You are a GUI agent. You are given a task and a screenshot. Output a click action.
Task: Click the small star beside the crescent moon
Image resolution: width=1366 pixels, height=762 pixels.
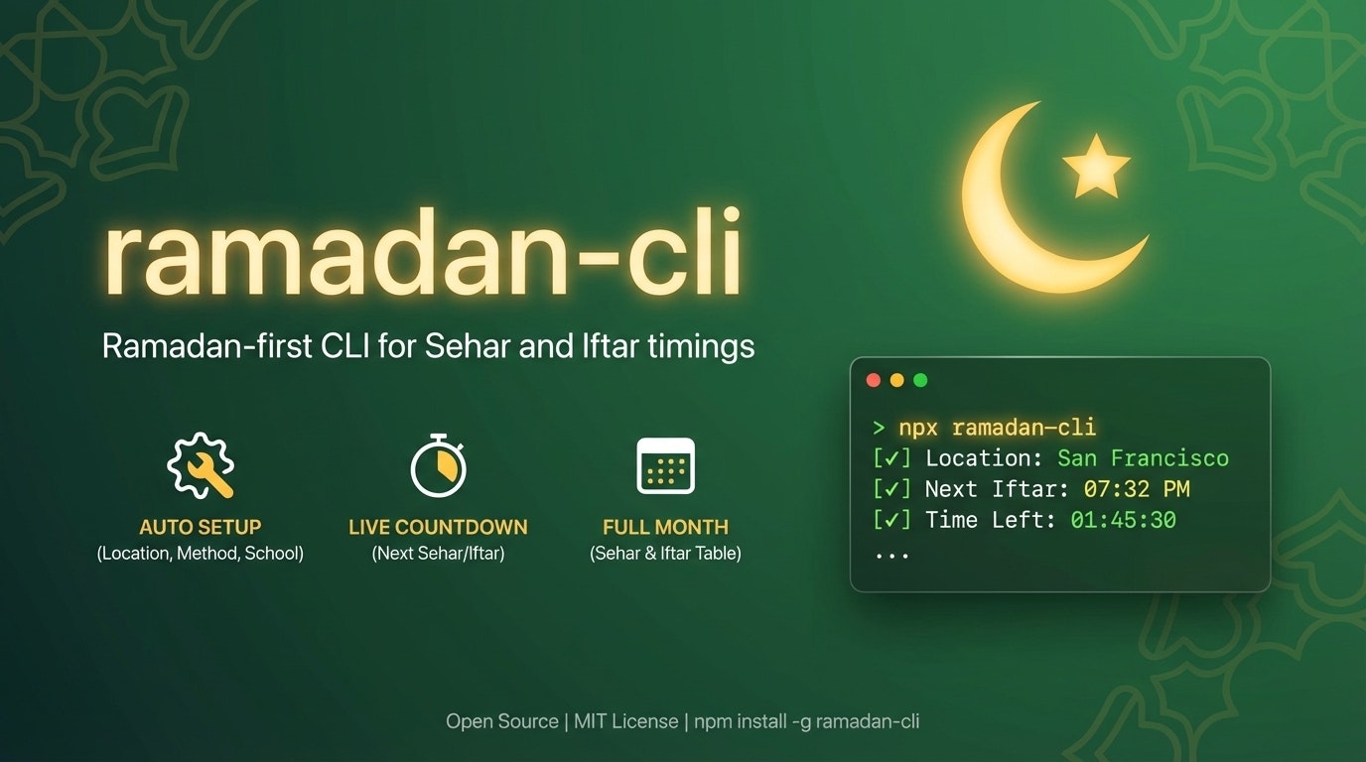pos(1096,166)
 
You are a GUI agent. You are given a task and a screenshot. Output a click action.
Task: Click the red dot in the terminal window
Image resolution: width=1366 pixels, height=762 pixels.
pos(874,380)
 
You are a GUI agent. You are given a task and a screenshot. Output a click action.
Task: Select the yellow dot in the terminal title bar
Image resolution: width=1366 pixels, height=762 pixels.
pos(897,380)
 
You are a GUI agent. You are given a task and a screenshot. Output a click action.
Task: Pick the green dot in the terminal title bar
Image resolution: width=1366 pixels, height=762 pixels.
pos(920,380)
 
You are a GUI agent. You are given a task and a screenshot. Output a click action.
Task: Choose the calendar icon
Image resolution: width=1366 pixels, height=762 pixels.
pos(665,465)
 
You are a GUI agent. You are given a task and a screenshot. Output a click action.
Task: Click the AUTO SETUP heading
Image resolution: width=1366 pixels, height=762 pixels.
pos(201,527)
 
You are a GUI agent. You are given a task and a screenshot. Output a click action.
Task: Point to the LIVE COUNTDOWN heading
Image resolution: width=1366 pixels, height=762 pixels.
pos(438,527)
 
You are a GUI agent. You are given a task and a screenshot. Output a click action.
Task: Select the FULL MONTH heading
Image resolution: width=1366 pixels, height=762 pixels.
pos(665,527)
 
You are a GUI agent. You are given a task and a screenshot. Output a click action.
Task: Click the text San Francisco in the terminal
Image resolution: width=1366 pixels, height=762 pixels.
pos(1143,458)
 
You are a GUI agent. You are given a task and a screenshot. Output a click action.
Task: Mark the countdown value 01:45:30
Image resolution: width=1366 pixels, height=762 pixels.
pos(1123,520)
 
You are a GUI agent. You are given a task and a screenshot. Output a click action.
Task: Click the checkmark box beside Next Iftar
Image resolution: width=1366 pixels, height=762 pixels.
pos(891,489)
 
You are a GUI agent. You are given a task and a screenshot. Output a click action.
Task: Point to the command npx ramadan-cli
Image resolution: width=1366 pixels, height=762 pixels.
pos(997,428)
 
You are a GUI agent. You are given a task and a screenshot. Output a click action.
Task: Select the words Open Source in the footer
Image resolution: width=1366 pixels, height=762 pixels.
pos(501,721)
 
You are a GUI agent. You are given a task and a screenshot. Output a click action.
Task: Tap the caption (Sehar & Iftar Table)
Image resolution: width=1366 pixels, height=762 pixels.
pos(665,554)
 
